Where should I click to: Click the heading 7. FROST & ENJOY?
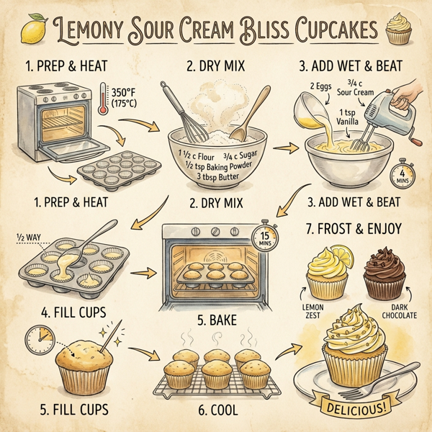click(354, 229)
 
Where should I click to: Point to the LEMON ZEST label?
click(311, 309)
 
